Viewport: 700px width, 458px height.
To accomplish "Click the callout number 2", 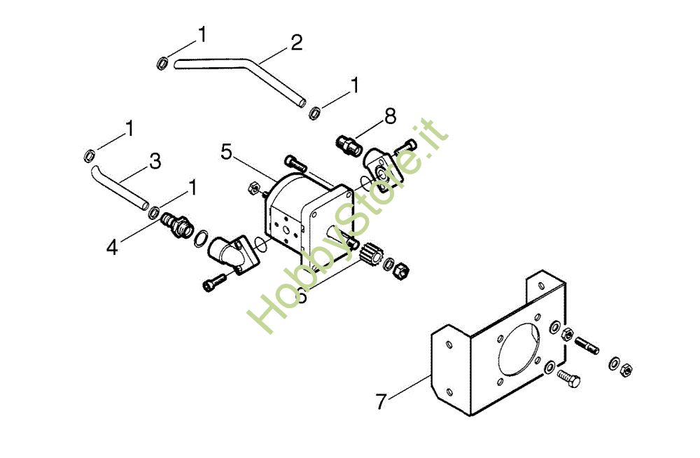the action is point(296,43).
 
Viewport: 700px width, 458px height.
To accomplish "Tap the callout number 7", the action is point(381,402).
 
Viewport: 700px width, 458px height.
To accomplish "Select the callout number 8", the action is point(390,116).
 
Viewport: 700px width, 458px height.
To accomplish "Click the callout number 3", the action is point(155,161).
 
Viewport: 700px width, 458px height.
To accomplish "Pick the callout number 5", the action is point(226,152).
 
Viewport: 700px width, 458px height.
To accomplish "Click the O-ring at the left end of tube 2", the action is point(161,64).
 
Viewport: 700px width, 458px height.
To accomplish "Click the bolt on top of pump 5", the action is point(295,163).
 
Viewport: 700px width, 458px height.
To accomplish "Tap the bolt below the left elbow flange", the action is point(214,282).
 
